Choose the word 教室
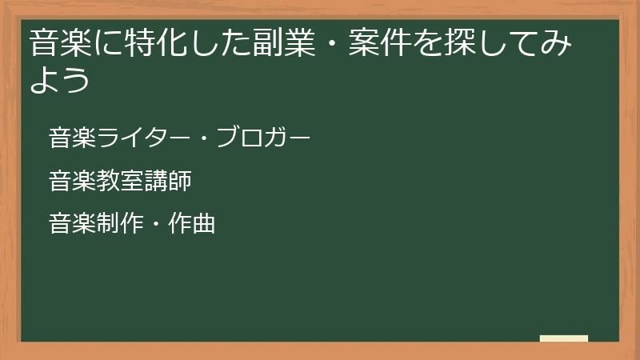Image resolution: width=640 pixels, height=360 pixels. point(120,181)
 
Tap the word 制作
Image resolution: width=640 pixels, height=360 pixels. point(120,224)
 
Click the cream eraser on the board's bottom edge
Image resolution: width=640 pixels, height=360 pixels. point(564,338)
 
